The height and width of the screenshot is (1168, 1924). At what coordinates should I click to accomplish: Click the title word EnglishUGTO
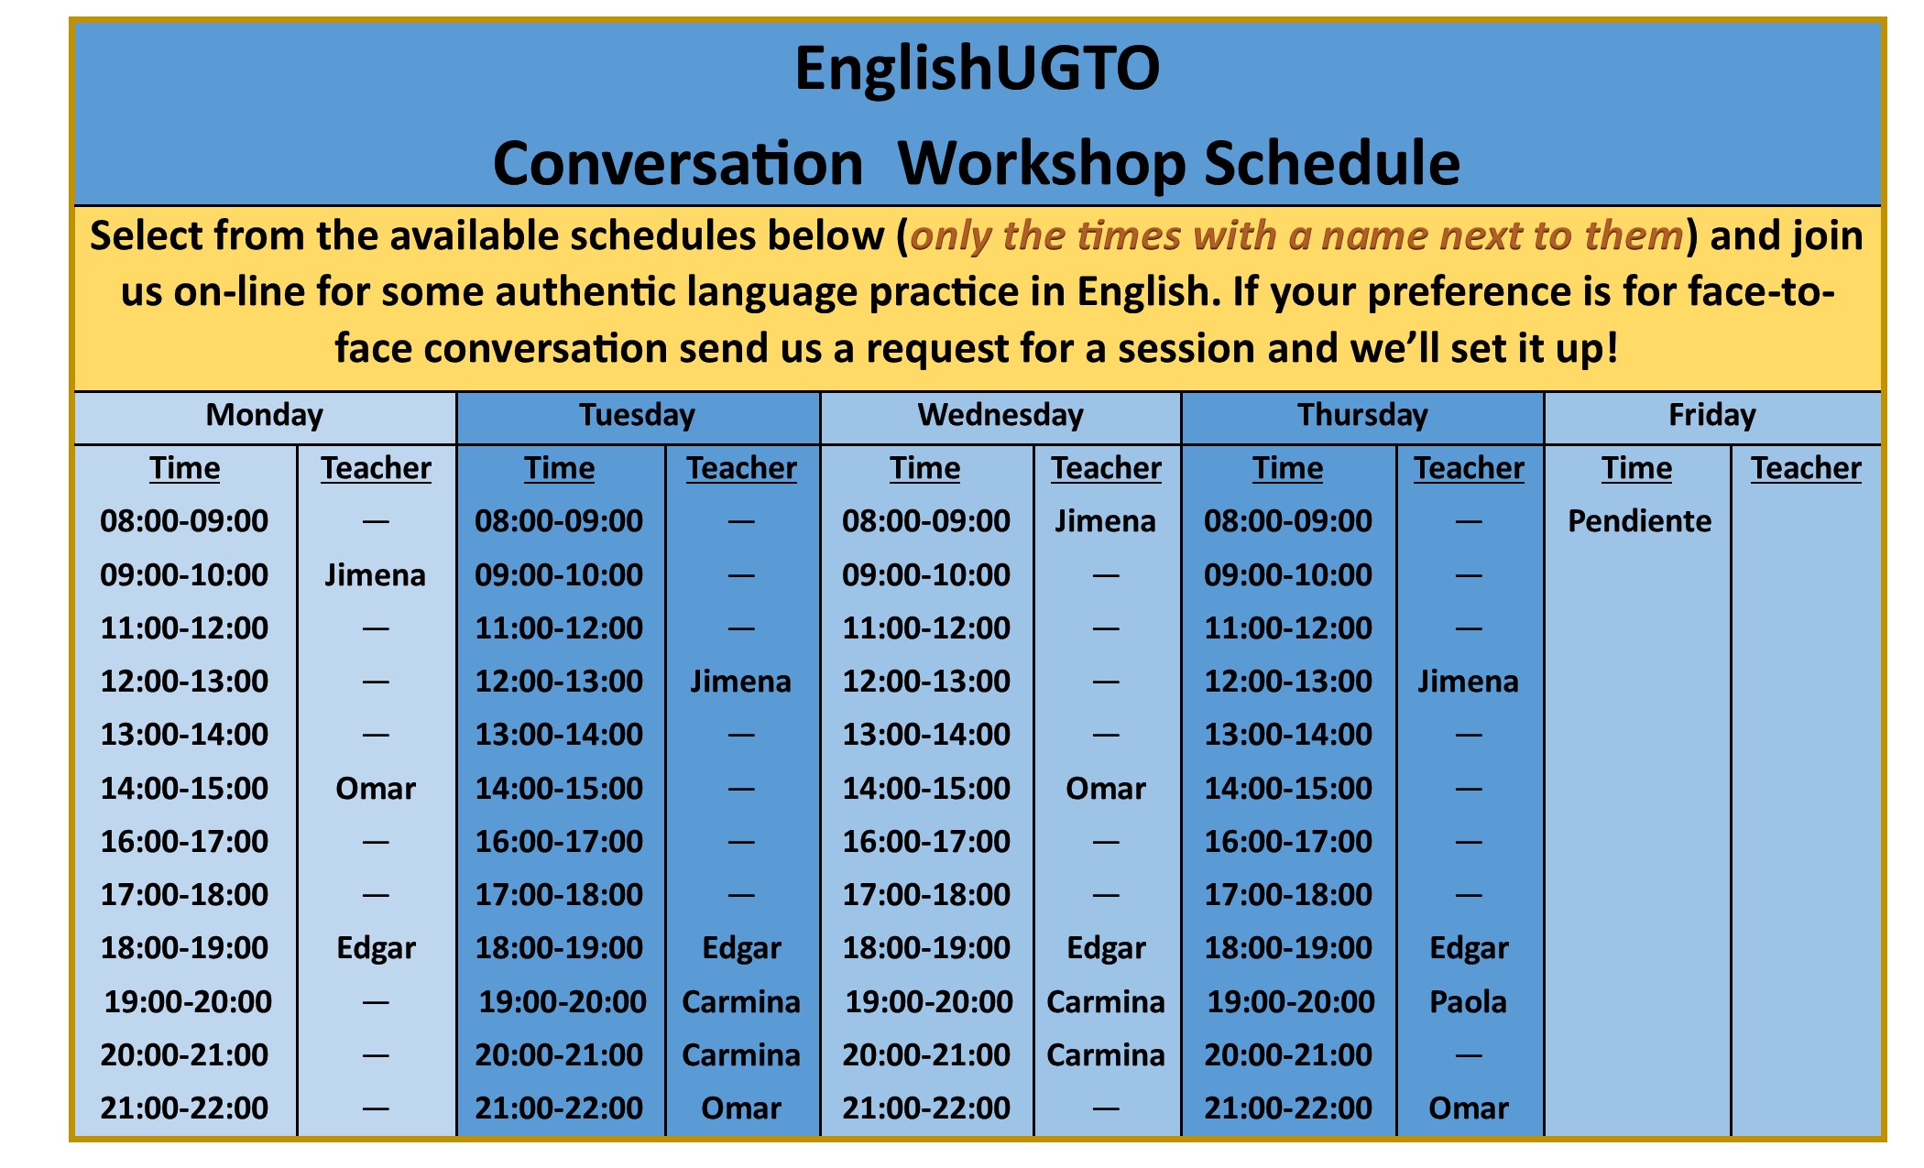[x=977, y=69]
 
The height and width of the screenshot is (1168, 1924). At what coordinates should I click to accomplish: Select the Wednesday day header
[x=1000, y=415]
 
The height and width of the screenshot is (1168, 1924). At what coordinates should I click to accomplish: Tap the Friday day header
[x=1711, y=415]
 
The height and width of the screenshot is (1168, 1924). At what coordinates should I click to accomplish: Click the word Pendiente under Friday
[x=1639, y=521]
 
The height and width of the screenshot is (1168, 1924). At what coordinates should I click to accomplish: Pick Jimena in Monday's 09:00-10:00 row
[x=375, y=574]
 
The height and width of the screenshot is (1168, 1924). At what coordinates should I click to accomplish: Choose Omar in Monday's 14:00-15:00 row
[x=375, y=788]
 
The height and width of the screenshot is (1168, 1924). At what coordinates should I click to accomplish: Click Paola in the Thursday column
[x=1468, y=1001]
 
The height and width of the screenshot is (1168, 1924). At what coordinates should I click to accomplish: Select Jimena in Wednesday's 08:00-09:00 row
[x=1105, y=521]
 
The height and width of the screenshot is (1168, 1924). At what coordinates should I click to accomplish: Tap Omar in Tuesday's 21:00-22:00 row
[x=740, y=1108]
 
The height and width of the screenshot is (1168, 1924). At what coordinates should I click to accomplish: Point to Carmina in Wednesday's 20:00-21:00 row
[x=1105, y=1055]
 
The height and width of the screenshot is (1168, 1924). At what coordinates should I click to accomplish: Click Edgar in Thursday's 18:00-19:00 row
[x=1469, y=948]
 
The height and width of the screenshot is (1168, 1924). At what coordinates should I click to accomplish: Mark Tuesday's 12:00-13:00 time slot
[x=559, y=682]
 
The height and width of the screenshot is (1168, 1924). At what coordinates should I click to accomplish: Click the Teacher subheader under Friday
[x=1806, y=468]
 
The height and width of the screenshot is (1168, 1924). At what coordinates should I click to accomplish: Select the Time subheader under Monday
[x=185, y=468]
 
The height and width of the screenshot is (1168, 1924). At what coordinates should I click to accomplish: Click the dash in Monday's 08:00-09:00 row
[x=376, y=522]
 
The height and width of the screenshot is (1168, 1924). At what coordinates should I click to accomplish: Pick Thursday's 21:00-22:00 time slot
[x=1287, y=1108]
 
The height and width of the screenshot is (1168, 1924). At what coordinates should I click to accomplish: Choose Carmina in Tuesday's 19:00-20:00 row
[x=740, y=1001]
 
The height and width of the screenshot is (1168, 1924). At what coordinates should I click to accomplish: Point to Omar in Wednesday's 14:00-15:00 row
[x=1105, y=788]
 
